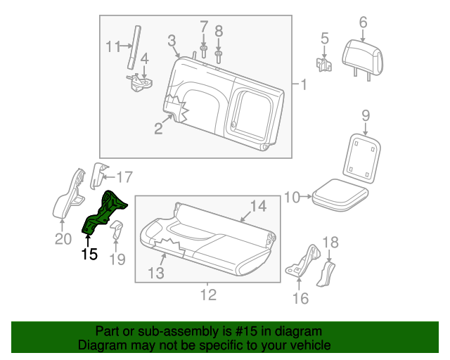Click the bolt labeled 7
(x=204, y=51)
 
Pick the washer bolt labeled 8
(x=218, y=56)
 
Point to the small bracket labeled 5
(x=325, y=65)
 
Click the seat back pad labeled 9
(x=364, y=155)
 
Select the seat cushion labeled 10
(x=340, y=194)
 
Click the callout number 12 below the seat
(x=209, y=295)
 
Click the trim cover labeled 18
(x=328, y=273)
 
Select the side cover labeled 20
(x=69, y=193)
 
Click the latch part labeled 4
(x=141, y=82)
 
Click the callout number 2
(x=158, y=129)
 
